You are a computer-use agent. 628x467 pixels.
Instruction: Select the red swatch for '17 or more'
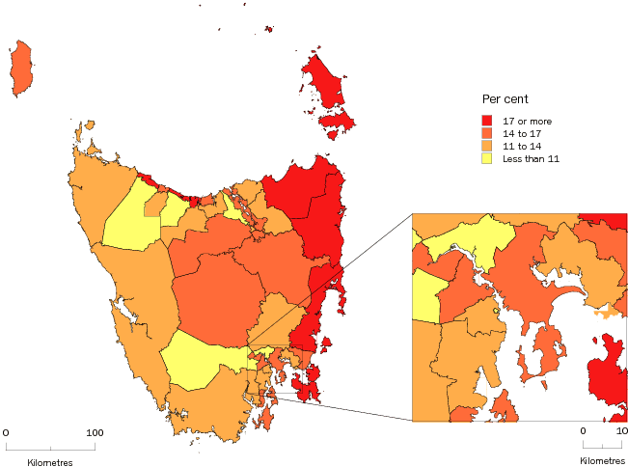click(488, 119)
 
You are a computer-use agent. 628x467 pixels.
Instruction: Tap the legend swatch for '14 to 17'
click(488, 132)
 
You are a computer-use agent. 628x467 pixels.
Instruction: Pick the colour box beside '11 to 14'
click(488, 146)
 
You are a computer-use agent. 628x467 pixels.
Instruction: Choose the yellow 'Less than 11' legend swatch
click(488, 159)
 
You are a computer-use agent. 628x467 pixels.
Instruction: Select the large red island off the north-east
click(325, 82)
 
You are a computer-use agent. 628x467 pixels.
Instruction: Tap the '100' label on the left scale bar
click(94, 433)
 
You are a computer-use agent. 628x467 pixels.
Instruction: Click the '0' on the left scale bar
click(6, 433)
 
